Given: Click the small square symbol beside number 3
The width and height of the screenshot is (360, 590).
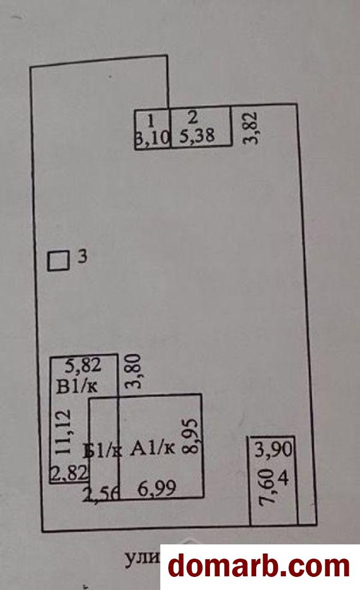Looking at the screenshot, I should [58, 261].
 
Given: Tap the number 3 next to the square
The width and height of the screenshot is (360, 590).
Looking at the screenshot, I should [82, 258].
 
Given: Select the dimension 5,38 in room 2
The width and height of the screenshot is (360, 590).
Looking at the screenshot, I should [197, 137].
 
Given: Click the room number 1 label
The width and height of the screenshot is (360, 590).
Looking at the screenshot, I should [151, 120].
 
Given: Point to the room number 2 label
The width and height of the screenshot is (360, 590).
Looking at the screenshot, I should [193, 118].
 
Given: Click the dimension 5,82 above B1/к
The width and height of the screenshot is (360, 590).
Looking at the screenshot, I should [83, 363].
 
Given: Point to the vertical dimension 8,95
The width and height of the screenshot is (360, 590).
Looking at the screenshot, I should [189, 436].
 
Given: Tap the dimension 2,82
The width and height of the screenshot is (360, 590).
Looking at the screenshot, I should [68, 473].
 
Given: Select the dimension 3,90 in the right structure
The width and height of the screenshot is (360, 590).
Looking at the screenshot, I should [273, 450].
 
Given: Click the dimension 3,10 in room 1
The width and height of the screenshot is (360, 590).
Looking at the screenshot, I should [152, 137].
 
